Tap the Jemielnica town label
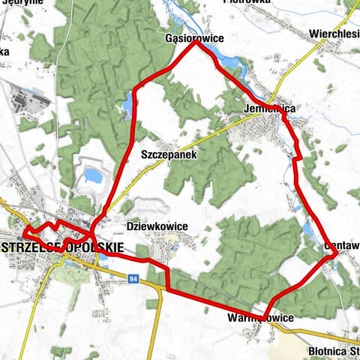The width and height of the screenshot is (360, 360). click(269, 109)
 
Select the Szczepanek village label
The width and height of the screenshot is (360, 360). click(168, 154)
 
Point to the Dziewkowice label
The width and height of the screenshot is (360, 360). click(157, 226)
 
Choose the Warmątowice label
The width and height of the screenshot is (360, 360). click(259, 318)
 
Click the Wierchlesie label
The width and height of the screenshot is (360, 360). click(334, 34)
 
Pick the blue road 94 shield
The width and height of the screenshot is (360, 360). click(132, 279)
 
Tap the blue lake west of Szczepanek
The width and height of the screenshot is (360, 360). click(93, 177)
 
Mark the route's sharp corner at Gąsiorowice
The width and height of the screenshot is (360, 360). click(196, 43)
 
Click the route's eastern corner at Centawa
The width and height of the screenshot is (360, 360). click(334, 256)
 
